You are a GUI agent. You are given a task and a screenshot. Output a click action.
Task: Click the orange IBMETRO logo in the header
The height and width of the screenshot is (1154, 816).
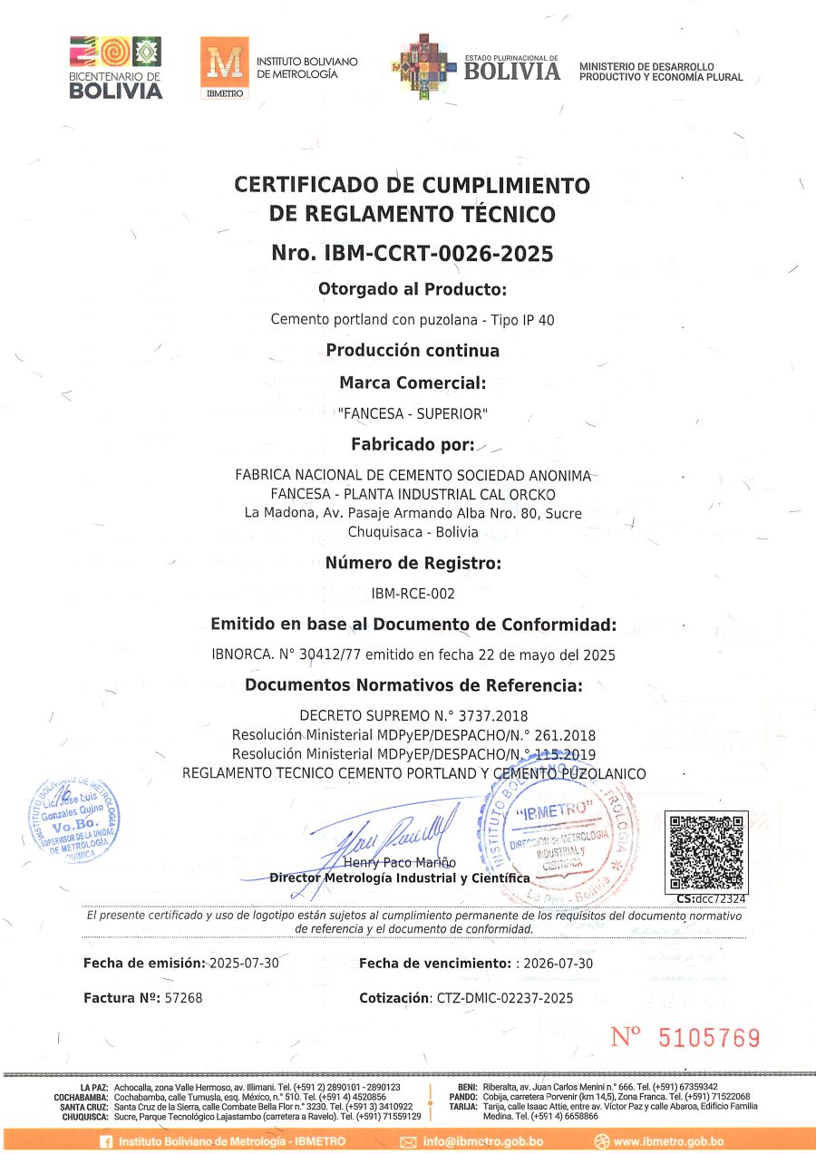pos(223,68)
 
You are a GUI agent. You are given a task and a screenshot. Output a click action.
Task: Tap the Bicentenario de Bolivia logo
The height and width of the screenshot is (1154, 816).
pos(115,67)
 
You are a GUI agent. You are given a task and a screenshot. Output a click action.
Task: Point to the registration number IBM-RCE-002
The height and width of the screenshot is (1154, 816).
pos(413,594)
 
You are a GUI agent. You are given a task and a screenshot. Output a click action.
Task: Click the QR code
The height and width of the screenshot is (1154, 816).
pos(706,851)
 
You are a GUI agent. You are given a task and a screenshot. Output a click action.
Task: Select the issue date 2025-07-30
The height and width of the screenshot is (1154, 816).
pos(243,963)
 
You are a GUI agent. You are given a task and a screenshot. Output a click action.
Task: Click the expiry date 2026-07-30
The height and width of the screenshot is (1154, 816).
pos(559,963)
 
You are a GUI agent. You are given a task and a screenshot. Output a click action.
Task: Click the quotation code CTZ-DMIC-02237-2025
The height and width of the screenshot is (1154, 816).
pos(504,998)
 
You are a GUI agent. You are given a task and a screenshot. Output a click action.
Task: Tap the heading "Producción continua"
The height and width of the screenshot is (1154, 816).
pos(413,351)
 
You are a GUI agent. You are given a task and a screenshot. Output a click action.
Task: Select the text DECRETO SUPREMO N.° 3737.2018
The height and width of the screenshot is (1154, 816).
pos(413,715)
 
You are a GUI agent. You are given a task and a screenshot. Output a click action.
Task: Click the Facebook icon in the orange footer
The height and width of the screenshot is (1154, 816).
pos(106,1141)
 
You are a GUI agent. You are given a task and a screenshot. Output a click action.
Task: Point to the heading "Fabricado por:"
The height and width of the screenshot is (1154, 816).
pos(413,444)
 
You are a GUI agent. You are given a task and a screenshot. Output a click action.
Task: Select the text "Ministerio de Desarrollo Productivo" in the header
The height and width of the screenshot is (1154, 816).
pos(660,72)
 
